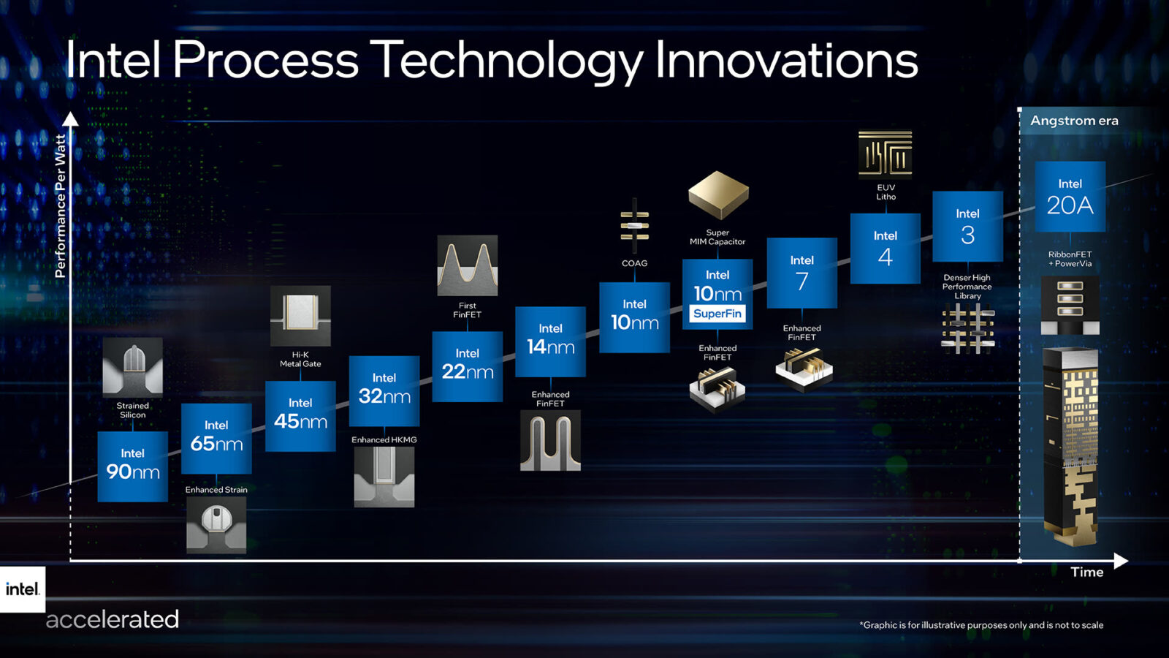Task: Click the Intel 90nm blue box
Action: (x=133, y=466)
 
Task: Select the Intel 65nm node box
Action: (x=216, y=438)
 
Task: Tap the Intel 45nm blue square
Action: (x=300, y=415)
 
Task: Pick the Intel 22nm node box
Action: (x=468, y=366)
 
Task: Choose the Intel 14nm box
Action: (x=550, y=341)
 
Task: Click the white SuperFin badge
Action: (x=717, y=314)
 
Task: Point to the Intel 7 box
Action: (x=801, y=273)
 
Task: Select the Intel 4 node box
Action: (x=885, y=249)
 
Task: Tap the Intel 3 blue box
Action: (x=967, y=227)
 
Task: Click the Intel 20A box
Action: (x=1070, y=197)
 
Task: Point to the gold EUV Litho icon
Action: (x=886, y=154)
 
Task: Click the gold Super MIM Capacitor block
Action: (x=718, y=194)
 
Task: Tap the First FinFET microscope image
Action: (x=468, y=265)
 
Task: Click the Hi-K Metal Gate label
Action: (x=300, y=359)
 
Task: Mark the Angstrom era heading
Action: (x=1074, y=121)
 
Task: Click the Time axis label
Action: (x=1086, y=572)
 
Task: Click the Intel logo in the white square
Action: (x=22, y=589)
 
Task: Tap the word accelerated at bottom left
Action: (x=113, y=619)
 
